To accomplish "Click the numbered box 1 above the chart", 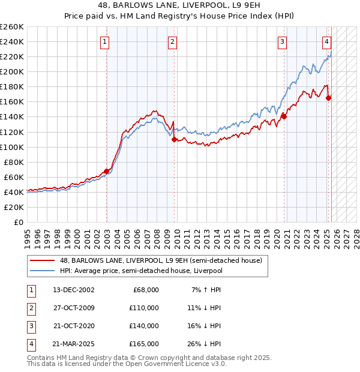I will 105,41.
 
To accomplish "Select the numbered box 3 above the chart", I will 281,41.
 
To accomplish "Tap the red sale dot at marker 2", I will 175,139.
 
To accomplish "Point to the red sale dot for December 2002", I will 107,171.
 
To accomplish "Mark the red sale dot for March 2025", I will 328,98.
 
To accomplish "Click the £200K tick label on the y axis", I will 12,71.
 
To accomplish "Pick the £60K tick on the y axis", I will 14,177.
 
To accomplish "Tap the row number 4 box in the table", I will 31,344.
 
